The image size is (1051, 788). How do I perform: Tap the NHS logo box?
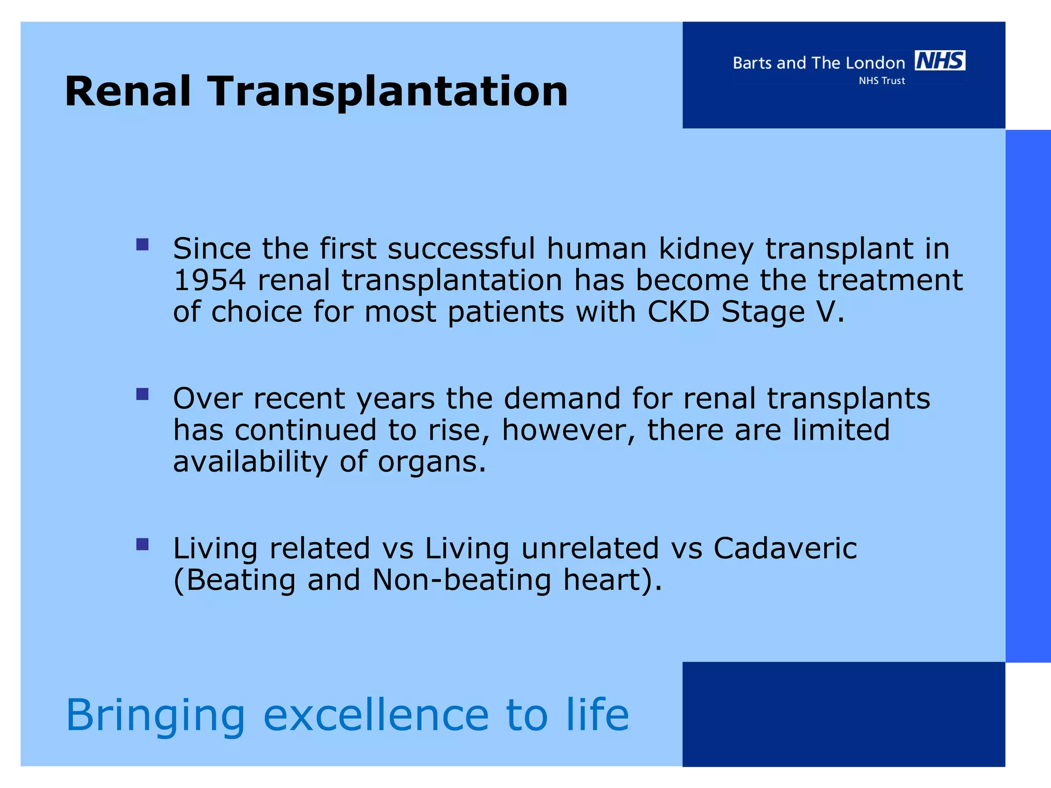pyautogui.click(x=940, y=61)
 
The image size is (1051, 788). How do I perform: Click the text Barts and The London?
pyautogui.click(x=819, y=63)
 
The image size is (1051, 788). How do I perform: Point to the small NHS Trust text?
pyautogui.click(x=882, y=81)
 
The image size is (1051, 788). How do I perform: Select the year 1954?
pyautogui.click(x=209, y=281)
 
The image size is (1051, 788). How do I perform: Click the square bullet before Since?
pyautogui.click(x=143, y=244)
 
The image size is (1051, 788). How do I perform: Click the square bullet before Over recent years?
pyautogui.click(x=143, y=394)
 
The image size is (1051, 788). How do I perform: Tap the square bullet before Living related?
pyautogui.click(x=143, y=544)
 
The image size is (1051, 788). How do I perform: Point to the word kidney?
pyautogui.click(x=706, y=250)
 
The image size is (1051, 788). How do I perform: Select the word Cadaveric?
pyautogui.click(x=785, y=548)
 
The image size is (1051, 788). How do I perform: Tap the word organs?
pyautogui.click(x=431, y=463)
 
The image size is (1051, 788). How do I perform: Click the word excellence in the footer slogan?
pyautogui.click(x=376, y=715)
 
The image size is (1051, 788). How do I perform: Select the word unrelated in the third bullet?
pyautogui.click(x=590, y=548)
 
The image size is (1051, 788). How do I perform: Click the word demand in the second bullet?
pyautogui.click(x=562, y=399)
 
